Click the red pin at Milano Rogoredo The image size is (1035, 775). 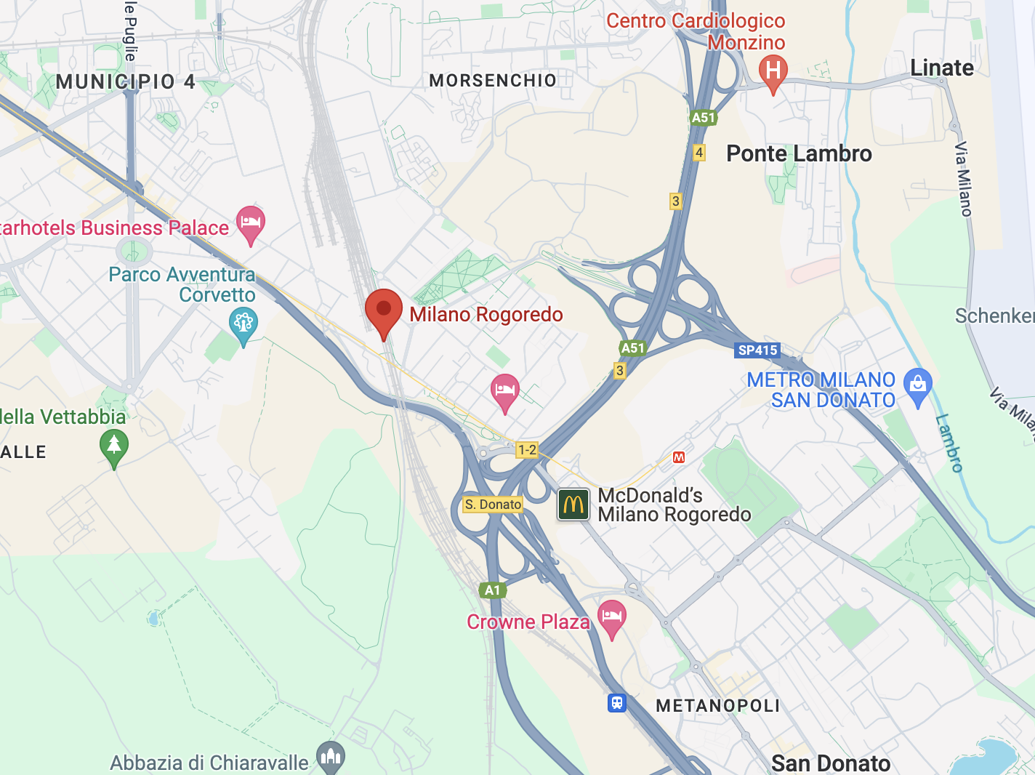(383, 310)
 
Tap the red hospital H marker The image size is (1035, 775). (773, 71)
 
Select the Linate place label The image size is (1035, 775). (941, 68)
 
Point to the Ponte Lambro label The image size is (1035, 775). (799, 153)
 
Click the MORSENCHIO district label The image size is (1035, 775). (493, 80)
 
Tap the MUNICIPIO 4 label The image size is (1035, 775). (126, 81)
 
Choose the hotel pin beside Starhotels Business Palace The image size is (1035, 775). (251, 222)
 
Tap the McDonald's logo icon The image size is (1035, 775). (573, 504)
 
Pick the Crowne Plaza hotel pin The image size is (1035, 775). (611, 617)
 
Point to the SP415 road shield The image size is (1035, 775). (757, 350)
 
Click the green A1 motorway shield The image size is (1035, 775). (493, 590)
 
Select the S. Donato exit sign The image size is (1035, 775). (493, 505)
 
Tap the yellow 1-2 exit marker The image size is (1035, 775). (526, 450)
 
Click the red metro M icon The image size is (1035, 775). (679, 457)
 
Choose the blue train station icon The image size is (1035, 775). (616, 703)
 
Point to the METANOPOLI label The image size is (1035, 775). (717, 706)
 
